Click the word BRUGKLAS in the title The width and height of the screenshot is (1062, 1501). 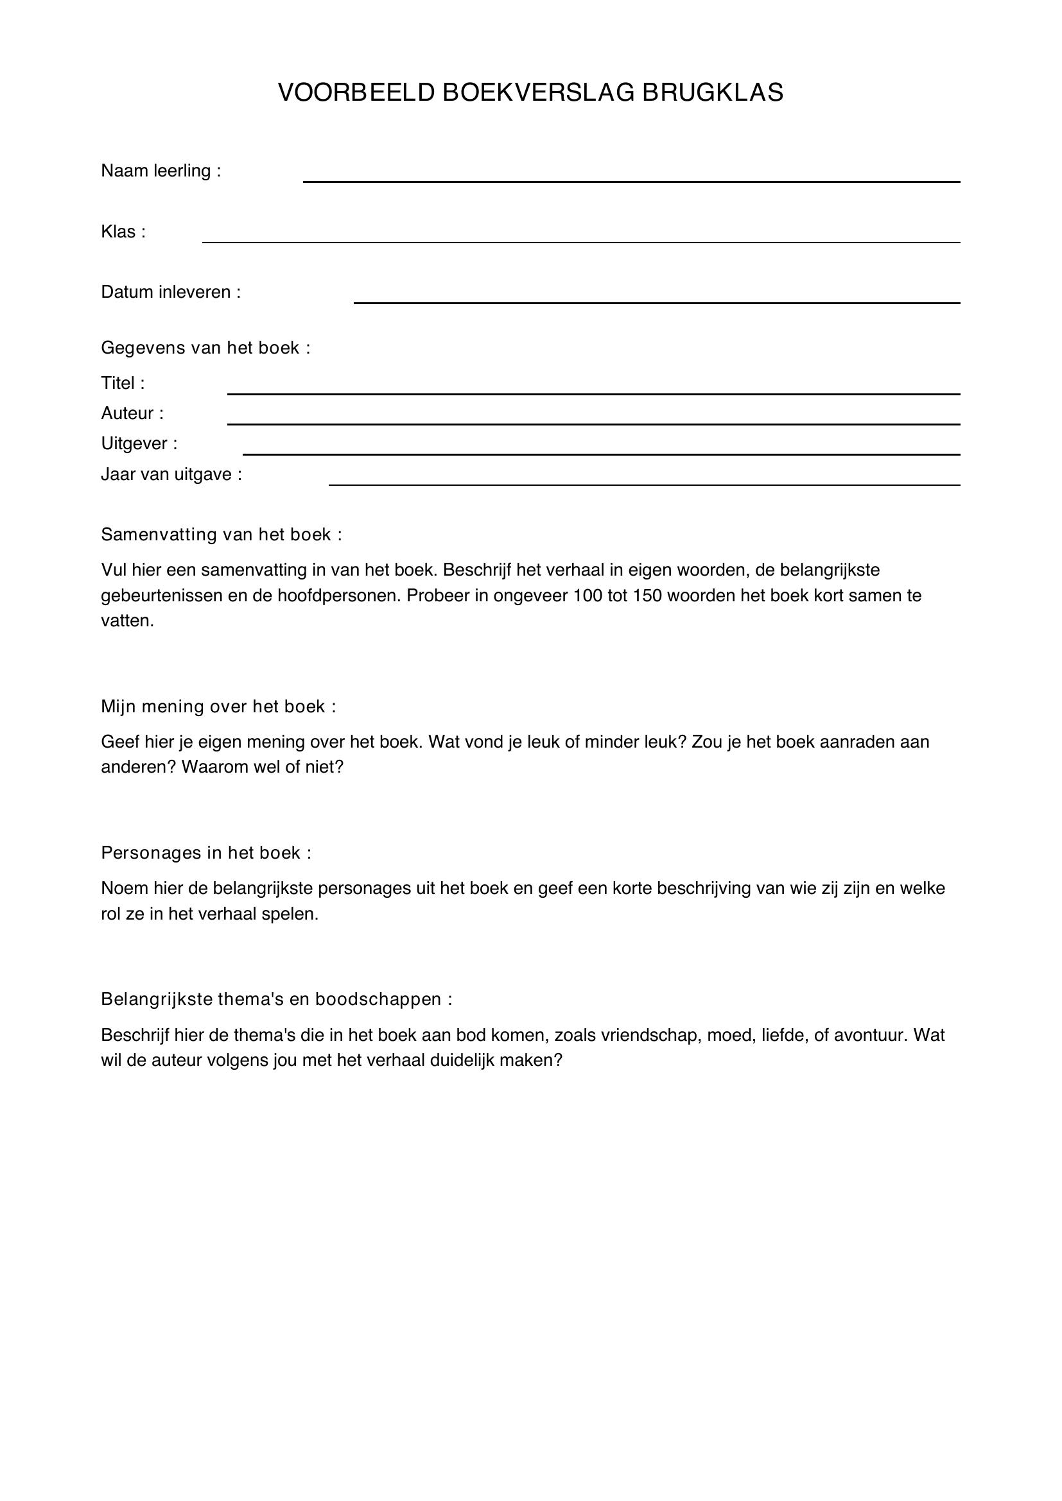point(712,93)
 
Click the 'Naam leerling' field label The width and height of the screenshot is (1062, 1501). point(161,171)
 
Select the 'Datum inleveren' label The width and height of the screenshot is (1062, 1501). point(171,292)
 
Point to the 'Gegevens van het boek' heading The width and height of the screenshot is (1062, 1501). point(205,348)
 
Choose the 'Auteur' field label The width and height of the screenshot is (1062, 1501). point(132,413)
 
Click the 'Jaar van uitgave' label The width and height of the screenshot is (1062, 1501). point(171,474)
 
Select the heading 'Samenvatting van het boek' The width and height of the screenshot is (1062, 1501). point(221,535)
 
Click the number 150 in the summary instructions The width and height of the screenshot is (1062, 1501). point(648,596)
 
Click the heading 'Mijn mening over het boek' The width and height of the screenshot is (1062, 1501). point(218,706)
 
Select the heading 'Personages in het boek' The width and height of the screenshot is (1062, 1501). point(206,852)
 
